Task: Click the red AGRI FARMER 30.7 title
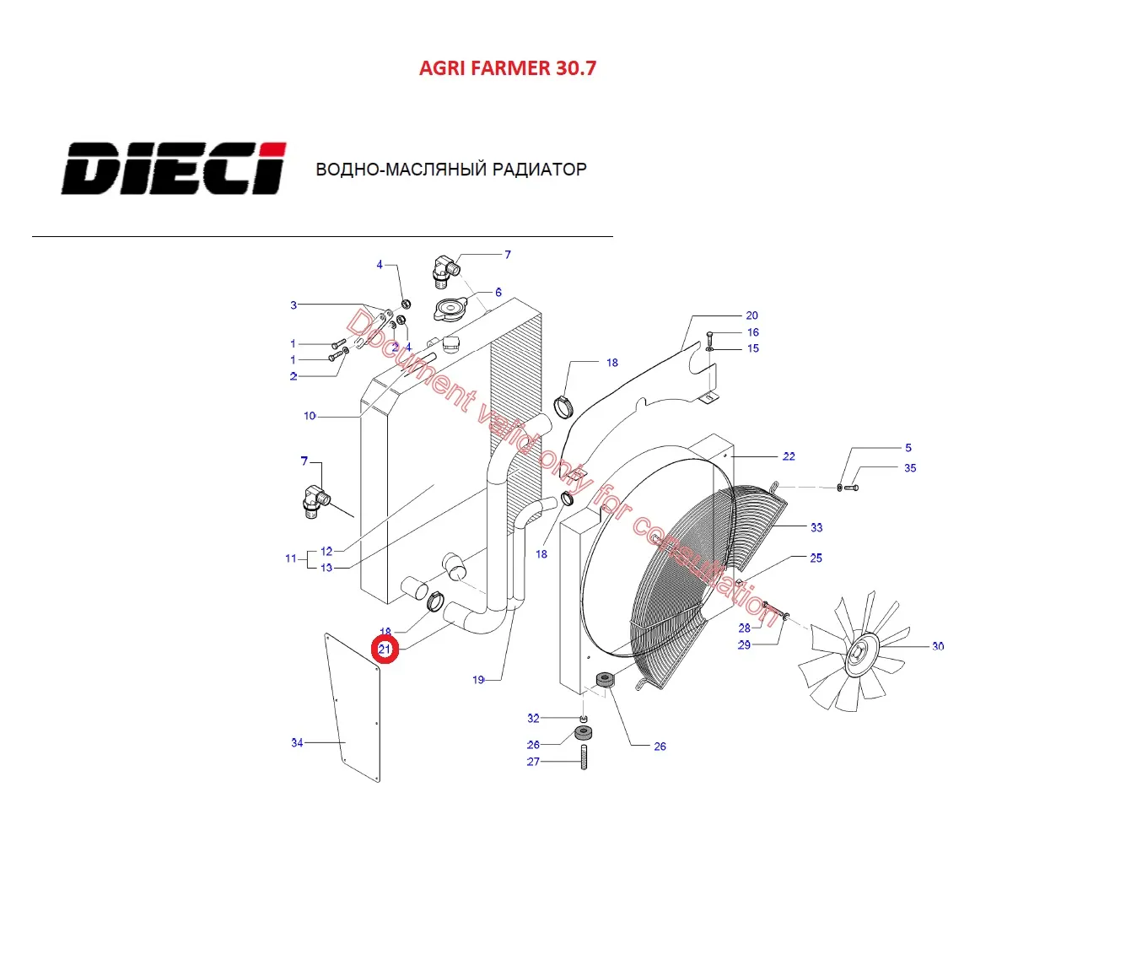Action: click(x=507, y=68)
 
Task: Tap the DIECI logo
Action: click(x=174, y=169)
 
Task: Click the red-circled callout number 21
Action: click(x=385, y=650)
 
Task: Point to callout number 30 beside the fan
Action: click(x=938, y=646)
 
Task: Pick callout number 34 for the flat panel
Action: click(x=297, y=743)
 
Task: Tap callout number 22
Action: click(x=789, y=456)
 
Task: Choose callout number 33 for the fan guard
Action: click(x=816, y=528)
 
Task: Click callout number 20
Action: click(x=751, y=315)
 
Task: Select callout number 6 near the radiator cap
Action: click(x=498, y=293)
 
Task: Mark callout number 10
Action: click(x=310, y=416)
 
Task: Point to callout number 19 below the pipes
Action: click(x=478, y=680)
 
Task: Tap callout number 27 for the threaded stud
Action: click(x=533, y=762)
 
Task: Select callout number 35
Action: click(x=910, y=468)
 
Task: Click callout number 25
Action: click(x=816, y=558)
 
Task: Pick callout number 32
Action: click(x=533, y=719)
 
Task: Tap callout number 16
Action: click(x=753, y=332)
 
